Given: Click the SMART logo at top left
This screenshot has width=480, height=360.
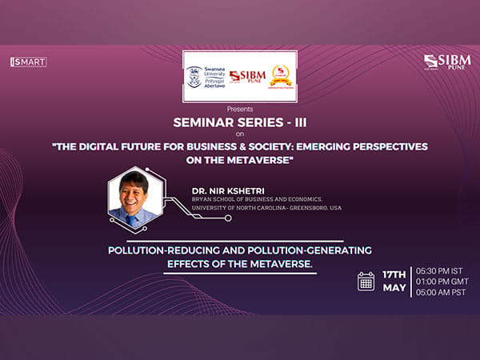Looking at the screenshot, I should [28, 62].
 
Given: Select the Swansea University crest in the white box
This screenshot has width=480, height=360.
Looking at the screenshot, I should [194, 77].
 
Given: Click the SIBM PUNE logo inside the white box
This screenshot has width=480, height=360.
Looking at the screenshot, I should [246, 77].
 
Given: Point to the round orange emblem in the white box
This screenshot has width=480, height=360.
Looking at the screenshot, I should [281, 76].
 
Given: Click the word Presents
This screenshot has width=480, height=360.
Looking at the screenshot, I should [239, 108].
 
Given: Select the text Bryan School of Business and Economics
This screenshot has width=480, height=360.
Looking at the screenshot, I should [256, 198].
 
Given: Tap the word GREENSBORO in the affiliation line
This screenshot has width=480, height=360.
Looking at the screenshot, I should [312, 208].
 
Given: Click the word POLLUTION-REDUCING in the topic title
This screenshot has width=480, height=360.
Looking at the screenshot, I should [164, 250].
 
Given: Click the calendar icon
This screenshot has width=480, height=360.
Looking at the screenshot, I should [366, 281].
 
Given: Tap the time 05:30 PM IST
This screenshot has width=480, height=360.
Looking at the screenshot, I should [442, 270].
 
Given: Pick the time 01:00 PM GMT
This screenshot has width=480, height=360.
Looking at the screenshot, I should [442, 282].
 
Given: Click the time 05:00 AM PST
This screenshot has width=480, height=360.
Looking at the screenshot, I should [442, 294].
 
